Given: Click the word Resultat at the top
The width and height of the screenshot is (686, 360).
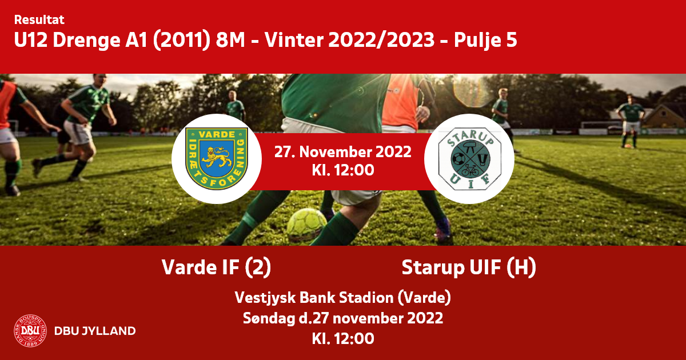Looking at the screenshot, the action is click(39, 20).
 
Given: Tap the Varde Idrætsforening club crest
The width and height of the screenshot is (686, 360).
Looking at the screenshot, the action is click(217, 159).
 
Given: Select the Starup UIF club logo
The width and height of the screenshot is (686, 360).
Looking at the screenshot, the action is click(469, 159).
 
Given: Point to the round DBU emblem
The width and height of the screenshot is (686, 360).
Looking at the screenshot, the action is click(30, 331).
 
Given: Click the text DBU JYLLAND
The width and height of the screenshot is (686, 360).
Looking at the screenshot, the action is click(95, 331).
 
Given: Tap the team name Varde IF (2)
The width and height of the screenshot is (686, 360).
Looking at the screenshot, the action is click(217, 267).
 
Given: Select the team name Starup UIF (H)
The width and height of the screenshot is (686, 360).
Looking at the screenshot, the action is click(469, 267).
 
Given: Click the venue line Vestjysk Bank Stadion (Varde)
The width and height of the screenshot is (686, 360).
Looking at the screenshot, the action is click(343, 297).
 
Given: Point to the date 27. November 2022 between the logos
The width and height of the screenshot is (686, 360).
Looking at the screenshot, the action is click(343, 152).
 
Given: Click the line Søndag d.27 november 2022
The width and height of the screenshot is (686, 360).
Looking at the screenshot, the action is click(343, 318).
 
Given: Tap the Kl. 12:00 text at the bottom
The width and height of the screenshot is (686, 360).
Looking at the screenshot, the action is click(343, 338).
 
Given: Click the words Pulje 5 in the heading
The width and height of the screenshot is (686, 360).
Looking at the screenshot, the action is click(485, 40).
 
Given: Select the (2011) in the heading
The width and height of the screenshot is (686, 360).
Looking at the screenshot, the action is click(182, 40).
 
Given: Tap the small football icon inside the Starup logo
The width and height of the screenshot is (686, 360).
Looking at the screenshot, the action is click(458, 159).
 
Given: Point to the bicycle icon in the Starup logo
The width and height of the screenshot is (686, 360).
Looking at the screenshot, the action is click(470, 170).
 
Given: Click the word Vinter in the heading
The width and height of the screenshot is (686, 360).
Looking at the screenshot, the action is click(294, 40).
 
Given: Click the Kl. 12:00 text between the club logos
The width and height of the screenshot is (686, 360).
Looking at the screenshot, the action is click(343, 170).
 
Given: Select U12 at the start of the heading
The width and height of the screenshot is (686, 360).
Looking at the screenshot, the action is click(31, 40).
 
